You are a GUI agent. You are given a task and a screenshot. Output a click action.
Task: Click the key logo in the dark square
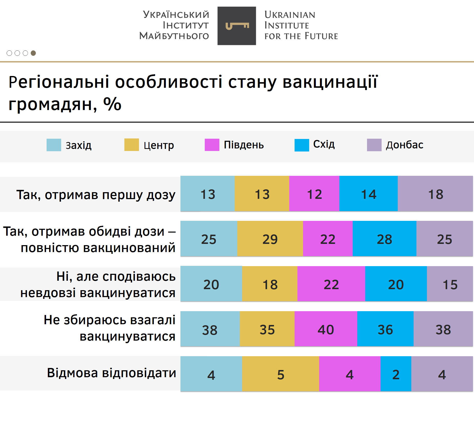(x=237, y=26)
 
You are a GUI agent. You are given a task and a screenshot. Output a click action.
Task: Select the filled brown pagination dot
(x=33, y=53)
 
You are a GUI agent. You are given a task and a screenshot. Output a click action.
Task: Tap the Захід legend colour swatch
(x=54, y=145)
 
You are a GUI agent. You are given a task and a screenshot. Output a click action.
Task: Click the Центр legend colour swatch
(x=132, y=145)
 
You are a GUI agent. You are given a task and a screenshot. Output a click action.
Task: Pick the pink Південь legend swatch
(x=212, y=145)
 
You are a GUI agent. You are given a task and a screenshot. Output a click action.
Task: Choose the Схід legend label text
(x=324, y=144)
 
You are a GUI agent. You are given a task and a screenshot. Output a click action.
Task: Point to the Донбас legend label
(x=404, y=145)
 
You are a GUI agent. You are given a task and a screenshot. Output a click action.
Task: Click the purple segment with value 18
(x=435, y=194)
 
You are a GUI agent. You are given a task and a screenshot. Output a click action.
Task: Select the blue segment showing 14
(x=368, y=194)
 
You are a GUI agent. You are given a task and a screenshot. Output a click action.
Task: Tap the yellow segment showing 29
(x=270, y=239)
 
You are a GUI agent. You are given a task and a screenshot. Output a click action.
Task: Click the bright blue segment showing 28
(x=384, y=239)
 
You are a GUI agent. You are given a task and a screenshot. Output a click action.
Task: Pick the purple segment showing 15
(x=450, y=284)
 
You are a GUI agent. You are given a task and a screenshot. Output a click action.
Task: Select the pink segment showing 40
(x=326, y=329)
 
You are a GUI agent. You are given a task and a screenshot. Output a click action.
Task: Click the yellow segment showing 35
(x=267, y=329)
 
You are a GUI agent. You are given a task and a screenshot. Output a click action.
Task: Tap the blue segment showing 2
(x=396, y=374)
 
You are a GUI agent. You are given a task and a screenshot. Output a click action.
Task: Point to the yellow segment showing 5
(x=281, y=374)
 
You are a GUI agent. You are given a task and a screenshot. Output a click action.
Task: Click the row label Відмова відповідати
(x=111, y=373)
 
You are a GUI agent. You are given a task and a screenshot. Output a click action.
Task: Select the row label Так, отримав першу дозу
(x=96, y=195)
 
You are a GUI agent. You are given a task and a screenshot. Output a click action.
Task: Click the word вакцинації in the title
(x=330, y=82)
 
